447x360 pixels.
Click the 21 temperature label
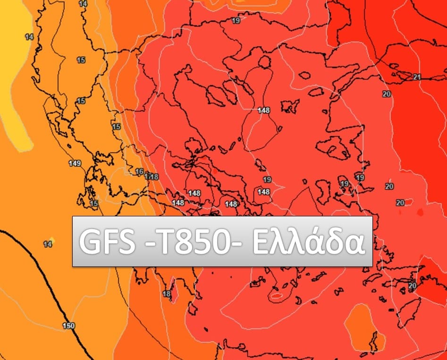pyautogui.click(x=417, y=77)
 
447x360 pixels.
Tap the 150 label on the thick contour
pyautogui.click(x=69, y=326)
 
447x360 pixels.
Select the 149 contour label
pyautogui.click(x=75, y=163)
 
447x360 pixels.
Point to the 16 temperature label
pyautogui.click(x=139, y=171)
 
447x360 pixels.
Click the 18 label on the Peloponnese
pyautogui.click(x=167, y=294)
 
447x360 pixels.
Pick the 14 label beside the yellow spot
pyautogui.click(x=47, y=244)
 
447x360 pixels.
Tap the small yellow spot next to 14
pyautogui.click(x=52, y=240)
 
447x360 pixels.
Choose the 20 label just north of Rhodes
pyautogui.click(x=413, y=286)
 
